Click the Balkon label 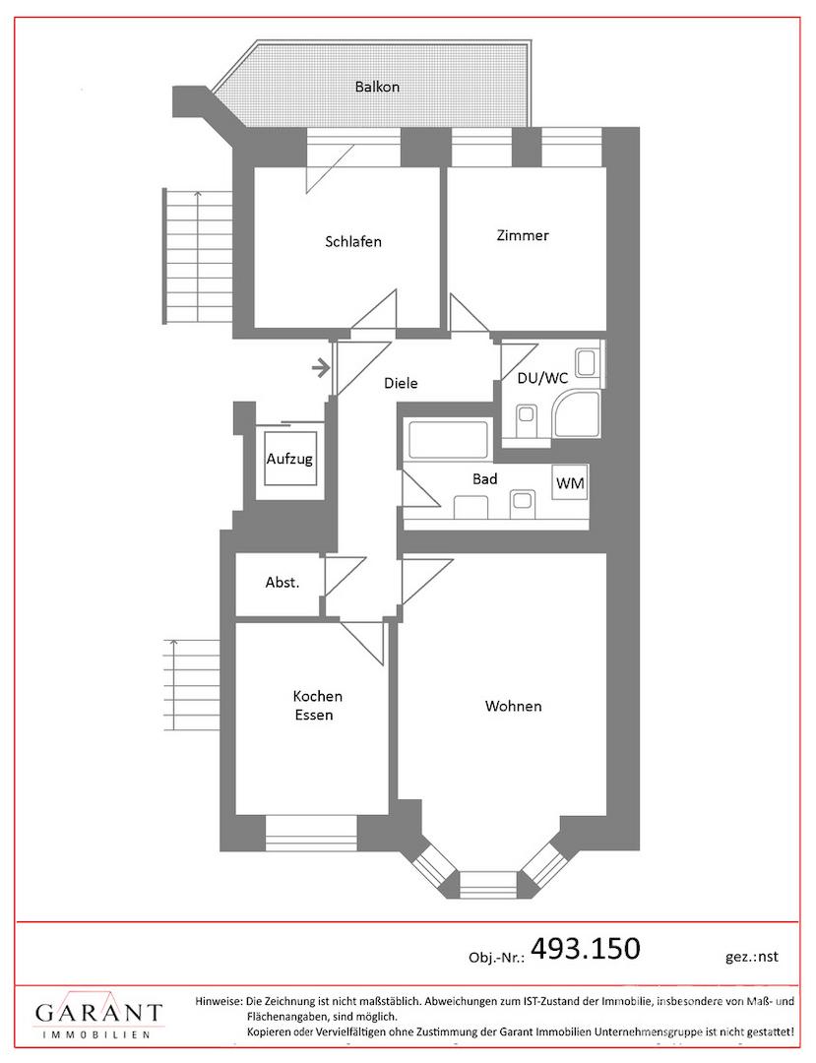(377, 87)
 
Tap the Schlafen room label (353, 241)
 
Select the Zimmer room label (523, 235)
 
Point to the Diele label (401, 383)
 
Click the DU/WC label (542, 378)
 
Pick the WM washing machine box (570, 482)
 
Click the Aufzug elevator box (289, 459)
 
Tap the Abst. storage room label (282, 583)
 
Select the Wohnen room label (513, 706)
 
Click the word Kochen (317, 696)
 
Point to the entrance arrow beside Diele (321, 369)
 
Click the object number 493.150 (585, 948)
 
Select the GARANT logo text (99, 1013)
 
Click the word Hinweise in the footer (219, 1001)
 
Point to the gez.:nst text (752, 957)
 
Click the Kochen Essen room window (310, 828)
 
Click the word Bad (484, 478)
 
